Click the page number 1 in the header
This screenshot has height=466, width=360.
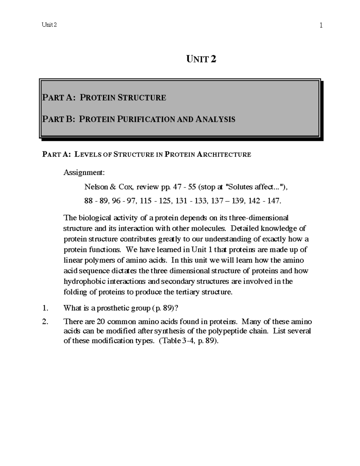click(x=321, y=26)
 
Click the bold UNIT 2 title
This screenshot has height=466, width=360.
click(x=201, y=59)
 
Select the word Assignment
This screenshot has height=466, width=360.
click(x=84, y=173)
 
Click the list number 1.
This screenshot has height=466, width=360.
click(x=45, y=308)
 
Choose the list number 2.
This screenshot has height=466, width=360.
click(x=45, y=322)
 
